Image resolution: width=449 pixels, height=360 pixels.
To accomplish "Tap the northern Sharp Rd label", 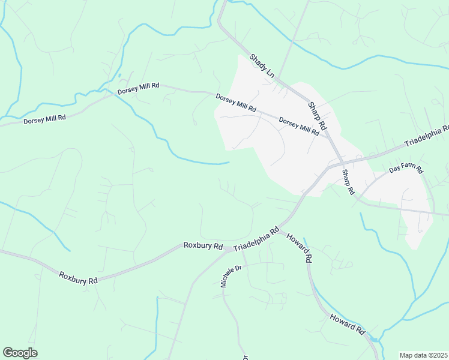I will pyautogui.click(x=317, y=116).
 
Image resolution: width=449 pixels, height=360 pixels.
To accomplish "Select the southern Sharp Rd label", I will pyautogui.click(x=348, y=182).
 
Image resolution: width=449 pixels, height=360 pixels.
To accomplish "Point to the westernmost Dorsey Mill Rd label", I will pyautogui.click(x=44, y=119).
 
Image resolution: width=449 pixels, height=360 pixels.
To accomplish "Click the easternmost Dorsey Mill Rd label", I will pyautogui.click(x=299, y=127).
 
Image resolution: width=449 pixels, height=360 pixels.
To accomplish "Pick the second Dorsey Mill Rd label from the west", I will pyautogui.click(x=138, y=88).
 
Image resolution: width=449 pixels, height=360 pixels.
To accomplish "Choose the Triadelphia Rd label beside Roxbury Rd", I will pyautogui.click(x=256, y=239).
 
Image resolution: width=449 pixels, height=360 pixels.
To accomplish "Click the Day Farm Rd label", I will pyautogui.click(x=406, y=170).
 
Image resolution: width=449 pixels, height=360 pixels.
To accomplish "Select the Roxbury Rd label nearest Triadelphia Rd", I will pyautogui.click(x=203, y=245).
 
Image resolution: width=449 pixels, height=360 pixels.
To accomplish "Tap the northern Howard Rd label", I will pyautogui.click(x=299, y=247).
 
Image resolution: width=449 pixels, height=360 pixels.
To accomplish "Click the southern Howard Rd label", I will pyautogui.click(x=347, y=323).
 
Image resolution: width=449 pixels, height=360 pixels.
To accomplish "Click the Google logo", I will pyautogui.click(x=20, y=353).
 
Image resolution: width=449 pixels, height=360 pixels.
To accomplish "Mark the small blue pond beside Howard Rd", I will pyautogui.click(x=375, y=340).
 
